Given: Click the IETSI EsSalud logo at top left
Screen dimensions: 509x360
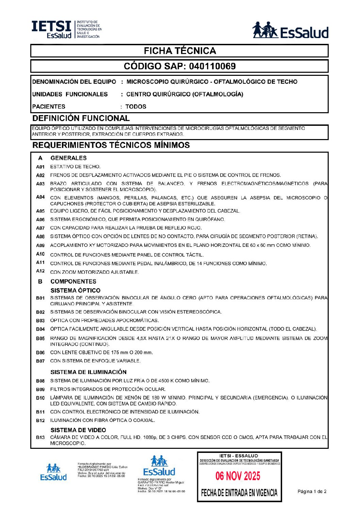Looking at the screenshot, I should (x=66, y=29).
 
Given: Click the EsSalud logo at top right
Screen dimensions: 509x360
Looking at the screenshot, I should (x=290, y=31).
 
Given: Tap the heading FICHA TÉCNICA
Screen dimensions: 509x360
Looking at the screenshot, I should (x=180, y=51).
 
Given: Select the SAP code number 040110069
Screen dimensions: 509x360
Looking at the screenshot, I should (x=212, y=66).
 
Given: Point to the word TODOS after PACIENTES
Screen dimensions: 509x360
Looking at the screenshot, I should (x=136, y=106).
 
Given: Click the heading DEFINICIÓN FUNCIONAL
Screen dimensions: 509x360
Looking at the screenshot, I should (x=81, y=118).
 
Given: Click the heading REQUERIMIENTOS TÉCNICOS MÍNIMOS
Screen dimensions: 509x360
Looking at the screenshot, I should (x=111, y=145).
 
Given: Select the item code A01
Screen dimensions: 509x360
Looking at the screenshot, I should (x=40, y=167).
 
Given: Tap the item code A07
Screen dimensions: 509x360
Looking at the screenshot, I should (x=40, y=228).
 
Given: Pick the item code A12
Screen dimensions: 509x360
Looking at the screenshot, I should (x=40, y=271).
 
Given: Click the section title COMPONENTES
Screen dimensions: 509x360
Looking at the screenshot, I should (x=73, y=282).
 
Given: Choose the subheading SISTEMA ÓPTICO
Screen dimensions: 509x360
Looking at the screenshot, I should (x=75, y=290).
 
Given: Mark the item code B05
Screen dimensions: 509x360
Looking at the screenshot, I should (x=40, y=339).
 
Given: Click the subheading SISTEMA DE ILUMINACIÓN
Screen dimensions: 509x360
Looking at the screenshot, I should (x=88, y=372).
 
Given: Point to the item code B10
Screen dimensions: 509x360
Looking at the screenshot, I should (x=40, y=398).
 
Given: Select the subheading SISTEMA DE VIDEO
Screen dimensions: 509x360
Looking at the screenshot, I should (x=78, y=430).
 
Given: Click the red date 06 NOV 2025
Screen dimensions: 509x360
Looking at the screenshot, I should (x=238, y=476).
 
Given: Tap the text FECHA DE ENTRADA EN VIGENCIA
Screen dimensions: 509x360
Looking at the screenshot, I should (x=239, y=493).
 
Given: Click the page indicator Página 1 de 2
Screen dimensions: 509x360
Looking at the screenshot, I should (x=312, y=491).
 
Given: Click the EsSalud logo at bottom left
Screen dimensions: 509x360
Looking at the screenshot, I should (x=53, y=472).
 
